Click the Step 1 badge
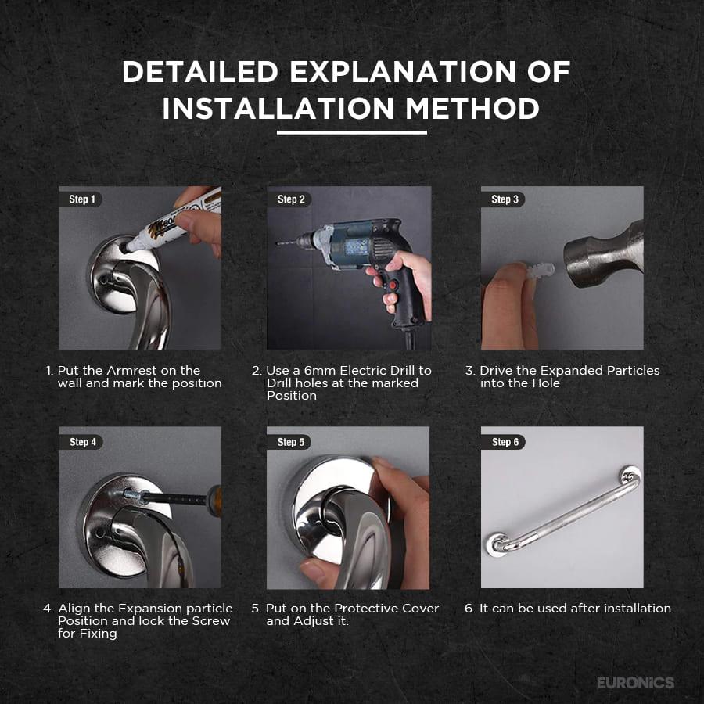click(x=81, y=199)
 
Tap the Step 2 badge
click(x=289, y=199)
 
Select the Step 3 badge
click(x=503, y=199)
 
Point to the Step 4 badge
click(x=81, y=442)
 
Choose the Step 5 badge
click(x=289, y=442)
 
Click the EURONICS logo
click(x=635, y=683)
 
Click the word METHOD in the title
click(x=472, y=108)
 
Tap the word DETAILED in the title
click(x=200, y=71)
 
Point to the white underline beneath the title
click(x=351, y=133)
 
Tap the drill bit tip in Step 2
click(x=278, y=243)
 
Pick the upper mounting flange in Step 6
click(x=630, y=476)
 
